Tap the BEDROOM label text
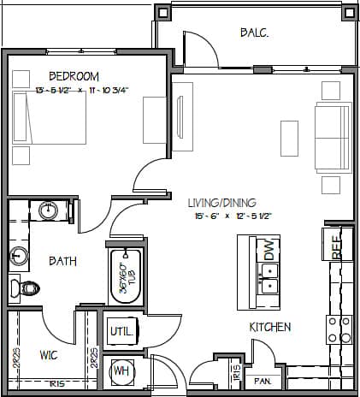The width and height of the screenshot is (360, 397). pyautogui.click(x=74, y=76)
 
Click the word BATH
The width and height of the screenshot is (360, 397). pyautogui.click(x=63, y=261)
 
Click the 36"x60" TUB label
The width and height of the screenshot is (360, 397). pyautogui.click(x=126, y=276)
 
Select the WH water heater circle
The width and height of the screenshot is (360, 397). pyautogui.click(x=121, y=372)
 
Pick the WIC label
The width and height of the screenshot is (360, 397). pyautogui.click(x=49, y=353)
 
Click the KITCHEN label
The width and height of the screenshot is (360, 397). pyautogui.click(x=270, y=327)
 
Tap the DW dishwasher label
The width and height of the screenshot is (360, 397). pyautogui.click(x=270, y=251)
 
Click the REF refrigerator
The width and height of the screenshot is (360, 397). pyautogui.click(x=338, y=244)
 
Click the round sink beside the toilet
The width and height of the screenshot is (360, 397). pyautogui.click(x=18, y=254)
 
